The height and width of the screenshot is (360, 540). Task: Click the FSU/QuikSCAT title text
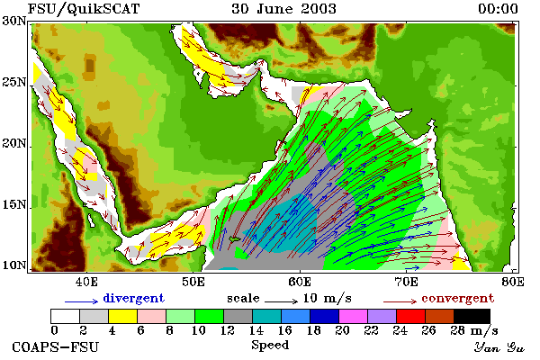84,9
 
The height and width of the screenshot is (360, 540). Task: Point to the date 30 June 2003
283,9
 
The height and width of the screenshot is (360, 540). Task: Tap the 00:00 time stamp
498,9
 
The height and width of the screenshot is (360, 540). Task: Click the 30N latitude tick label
14,21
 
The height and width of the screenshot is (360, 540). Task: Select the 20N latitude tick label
14,143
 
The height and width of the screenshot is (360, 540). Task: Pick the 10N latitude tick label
14,265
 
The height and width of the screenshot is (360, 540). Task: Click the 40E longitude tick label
86,282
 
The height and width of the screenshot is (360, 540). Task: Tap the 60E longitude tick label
300,282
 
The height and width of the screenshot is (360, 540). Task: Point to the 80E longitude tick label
513,282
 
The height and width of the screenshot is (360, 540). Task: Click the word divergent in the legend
133,298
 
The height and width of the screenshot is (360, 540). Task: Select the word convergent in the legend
458,298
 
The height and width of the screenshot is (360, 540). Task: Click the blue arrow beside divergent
82,301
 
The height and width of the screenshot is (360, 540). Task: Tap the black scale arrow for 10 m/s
281,301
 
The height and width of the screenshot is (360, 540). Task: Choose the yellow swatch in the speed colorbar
123,316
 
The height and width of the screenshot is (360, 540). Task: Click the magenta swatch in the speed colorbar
354,316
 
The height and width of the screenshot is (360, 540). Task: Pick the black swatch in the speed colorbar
472,316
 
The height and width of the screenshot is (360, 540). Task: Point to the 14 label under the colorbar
256,330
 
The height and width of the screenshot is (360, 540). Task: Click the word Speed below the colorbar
270,346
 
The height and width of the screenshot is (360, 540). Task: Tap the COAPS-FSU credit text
56,346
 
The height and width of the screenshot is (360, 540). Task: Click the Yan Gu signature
499,347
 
